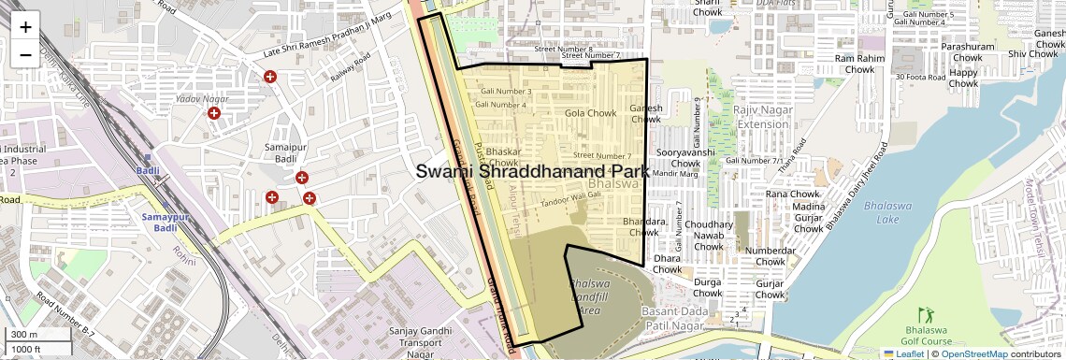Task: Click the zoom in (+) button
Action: (x=25, y=26)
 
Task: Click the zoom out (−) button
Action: (x=25, y=53)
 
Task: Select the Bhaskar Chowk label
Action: (x=503, y=156)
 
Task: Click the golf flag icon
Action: (x=927, y=314)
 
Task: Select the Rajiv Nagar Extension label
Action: (x=762, y=118)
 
